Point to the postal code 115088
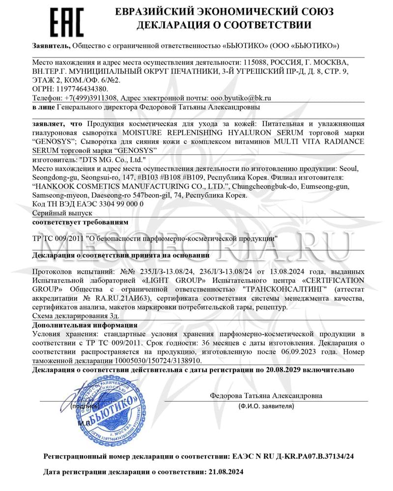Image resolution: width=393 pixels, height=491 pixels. coord(258,63)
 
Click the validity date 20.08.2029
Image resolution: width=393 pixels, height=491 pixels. coord(273,369)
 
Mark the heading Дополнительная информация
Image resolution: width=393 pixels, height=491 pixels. coord(85,325)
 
